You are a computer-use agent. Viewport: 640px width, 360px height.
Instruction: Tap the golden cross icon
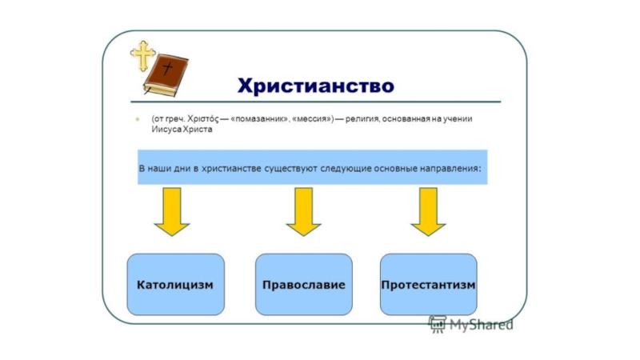(x=143, y=54)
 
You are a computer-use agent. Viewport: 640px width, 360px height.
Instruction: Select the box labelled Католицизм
(x=175, y=285)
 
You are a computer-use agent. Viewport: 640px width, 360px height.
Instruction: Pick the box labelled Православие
(x=303, y=285)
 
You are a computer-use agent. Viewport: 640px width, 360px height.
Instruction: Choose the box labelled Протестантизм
(x=429, y=285)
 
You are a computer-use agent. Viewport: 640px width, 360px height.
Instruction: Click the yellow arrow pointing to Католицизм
(x=172, y=211)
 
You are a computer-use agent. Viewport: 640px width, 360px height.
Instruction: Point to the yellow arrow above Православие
(x=303, y=211)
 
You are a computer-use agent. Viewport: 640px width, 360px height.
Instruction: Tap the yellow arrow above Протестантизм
(x=429, y=211)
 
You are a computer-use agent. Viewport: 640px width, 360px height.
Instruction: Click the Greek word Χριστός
(x=205, y=119)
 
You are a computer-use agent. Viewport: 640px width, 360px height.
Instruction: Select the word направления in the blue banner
(x=449, y=169)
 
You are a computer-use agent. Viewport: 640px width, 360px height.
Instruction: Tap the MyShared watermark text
(x=480, y=325)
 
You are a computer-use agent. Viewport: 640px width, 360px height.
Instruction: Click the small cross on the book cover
(x=167, y=69)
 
